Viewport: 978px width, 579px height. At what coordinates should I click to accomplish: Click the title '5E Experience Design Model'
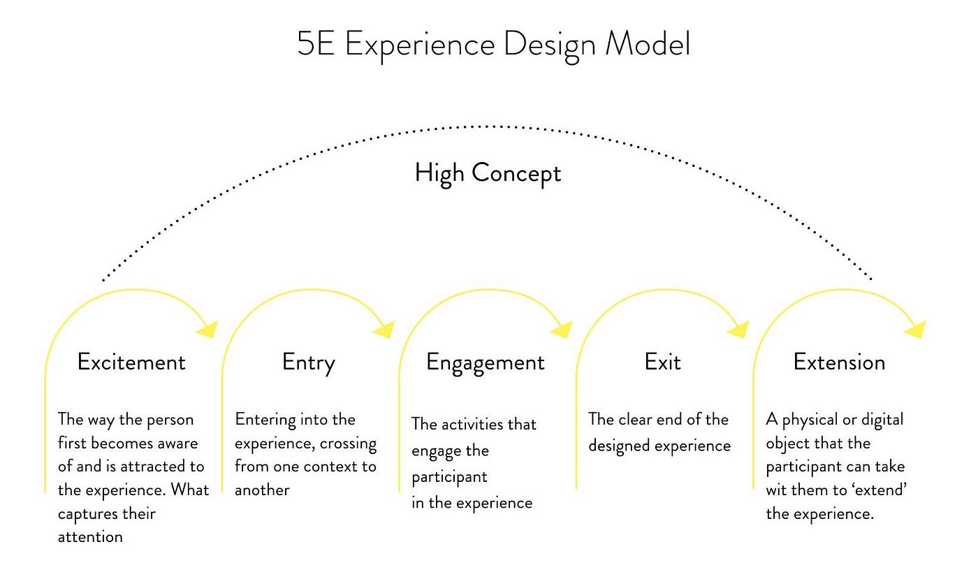pyautogui.click(x=493, y=45)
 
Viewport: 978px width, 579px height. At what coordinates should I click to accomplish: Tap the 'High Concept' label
pyautogui.click(x=488, y=172)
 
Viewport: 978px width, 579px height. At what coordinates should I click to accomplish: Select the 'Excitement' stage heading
pyautogui.click(x=131, y=362)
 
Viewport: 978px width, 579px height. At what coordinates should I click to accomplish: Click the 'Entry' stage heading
pyautogui.click(x=308, y=362)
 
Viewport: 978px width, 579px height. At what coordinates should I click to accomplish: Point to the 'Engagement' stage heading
pyautogui.click(x=485, y=362)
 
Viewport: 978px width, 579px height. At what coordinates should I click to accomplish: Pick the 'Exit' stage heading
pyautogui.click(x=662, y=362)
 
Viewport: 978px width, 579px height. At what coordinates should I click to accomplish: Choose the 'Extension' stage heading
pyautogui.click(x=839, y=362)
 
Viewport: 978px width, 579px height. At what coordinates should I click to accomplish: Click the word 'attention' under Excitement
pyautogui.click(x=90, y=537)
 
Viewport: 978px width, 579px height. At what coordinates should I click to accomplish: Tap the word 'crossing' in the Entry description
pyautogui.click(x=349, y=444)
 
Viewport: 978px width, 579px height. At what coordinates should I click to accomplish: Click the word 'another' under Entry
pyautogui.click(x=262, y=490)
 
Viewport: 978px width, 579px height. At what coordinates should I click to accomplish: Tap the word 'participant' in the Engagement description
pyautogui.click(x=449, y=477)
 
